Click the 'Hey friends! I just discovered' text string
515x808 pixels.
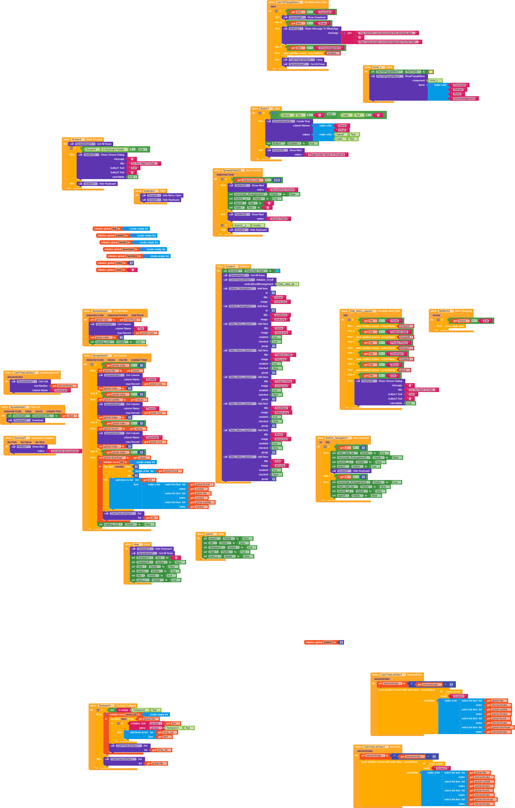tap(387, 33)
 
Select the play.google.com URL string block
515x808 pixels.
tap(388, 42)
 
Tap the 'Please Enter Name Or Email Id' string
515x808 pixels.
tap(326, 155)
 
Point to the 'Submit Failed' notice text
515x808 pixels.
tap(279, 219)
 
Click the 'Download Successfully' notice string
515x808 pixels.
tap(65, 451)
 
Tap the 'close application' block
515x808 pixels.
tap(455, 326)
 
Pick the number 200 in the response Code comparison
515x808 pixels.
tap(277, 180)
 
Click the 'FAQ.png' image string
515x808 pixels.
tap(281, 359)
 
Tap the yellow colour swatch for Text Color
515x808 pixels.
tap(431, 72)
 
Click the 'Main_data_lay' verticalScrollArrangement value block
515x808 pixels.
tap(287, 284)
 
